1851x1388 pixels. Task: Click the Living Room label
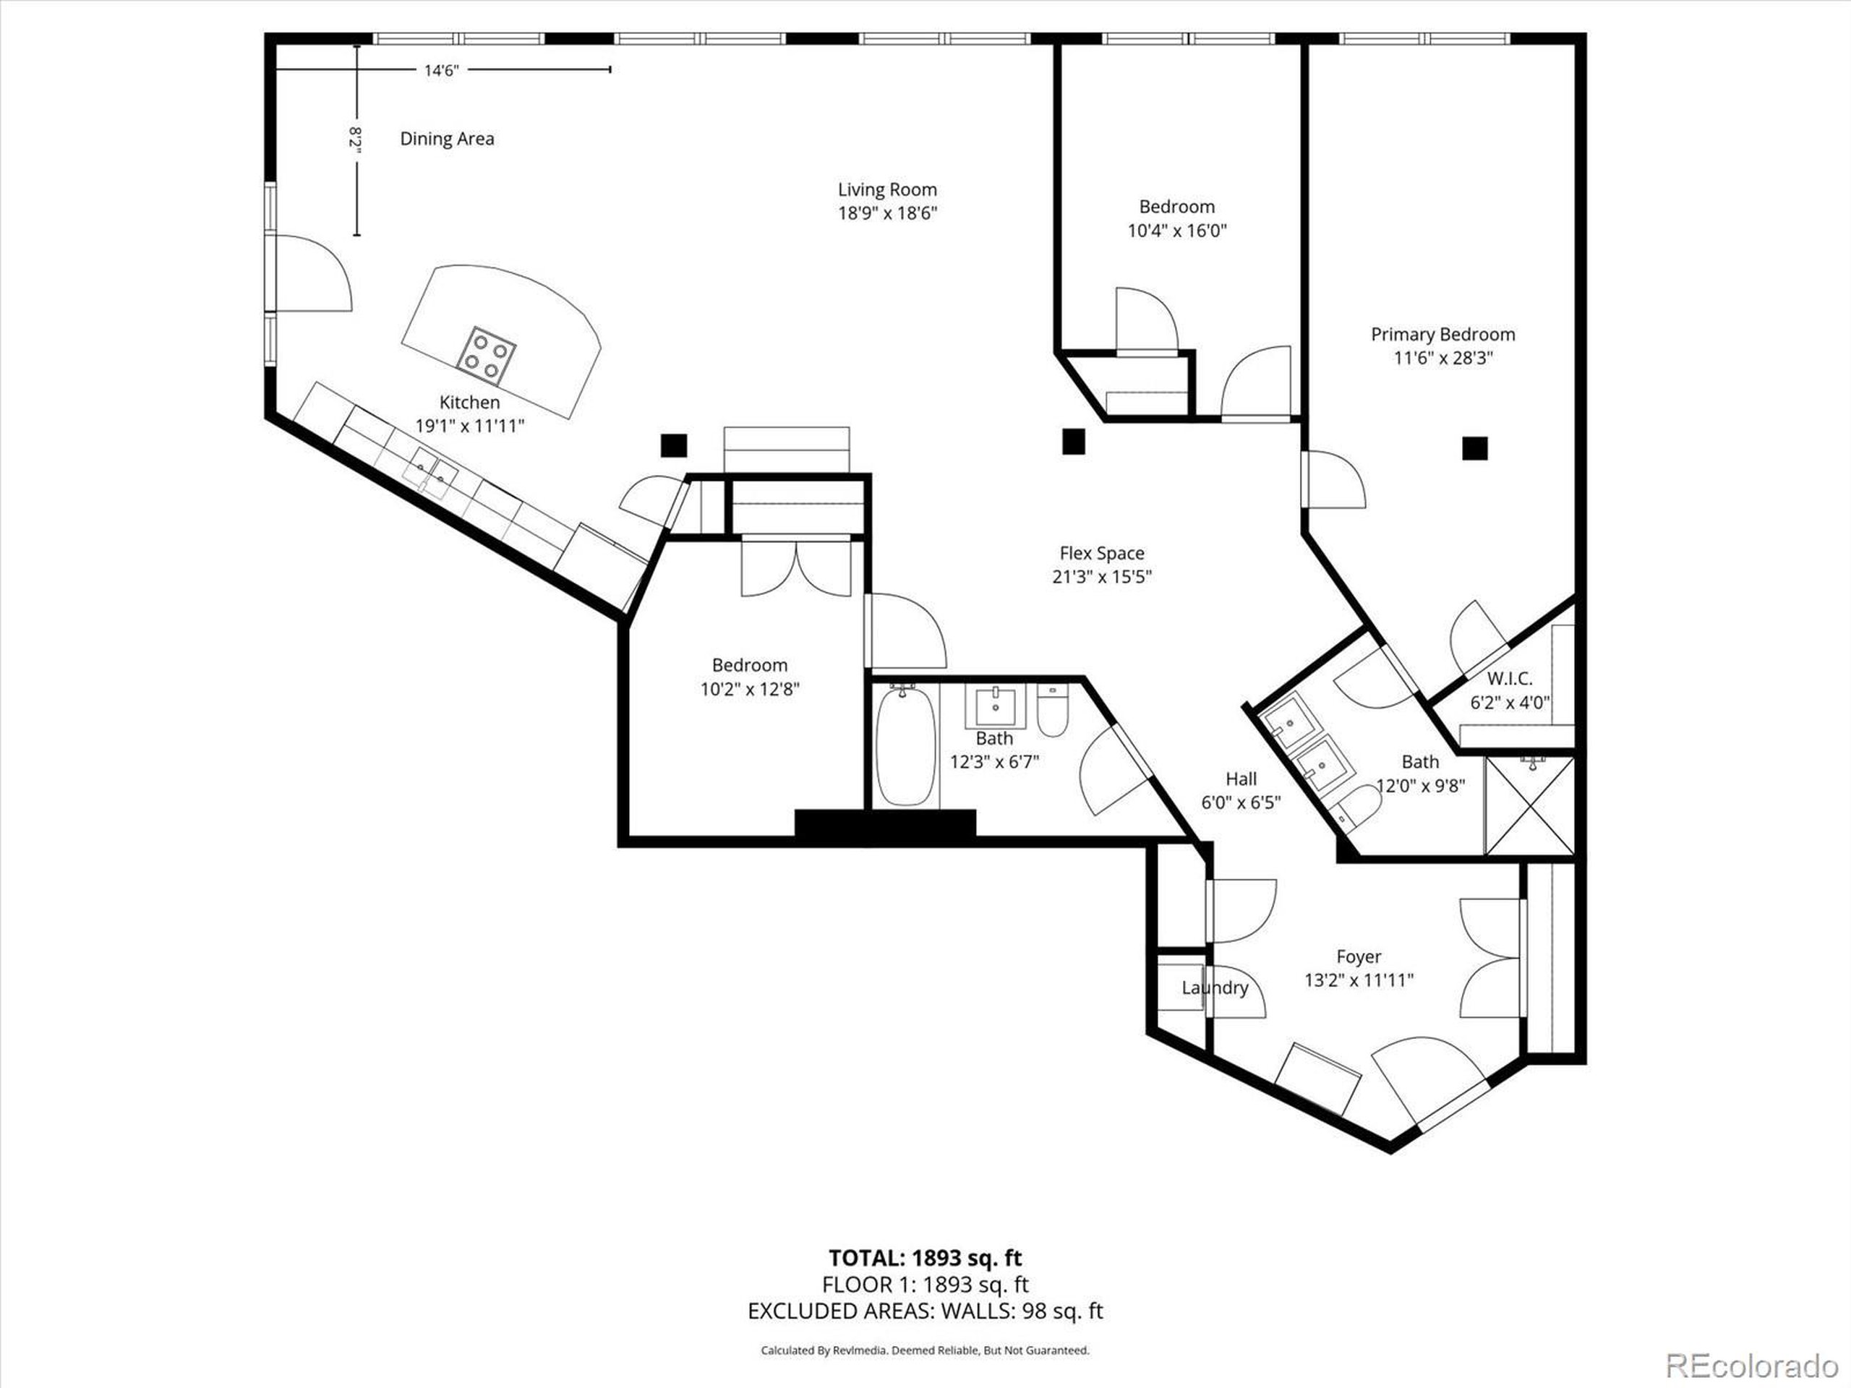pos(887,190)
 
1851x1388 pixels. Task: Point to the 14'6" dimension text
pos(441,71)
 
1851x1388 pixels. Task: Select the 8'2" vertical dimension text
pos(356,140)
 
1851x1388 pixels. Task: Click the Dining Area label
pos(447,139)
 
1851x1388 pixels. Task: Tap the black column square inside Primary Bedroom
pos(1474,448)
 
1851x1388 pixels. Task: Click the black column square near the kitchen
pos(672,445)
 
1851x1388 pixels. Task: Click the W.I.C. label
pos(1510,679)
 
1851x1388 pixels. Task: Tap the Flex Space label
pos(1101,553)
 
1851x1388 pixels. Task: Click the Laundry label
pos(1214,988)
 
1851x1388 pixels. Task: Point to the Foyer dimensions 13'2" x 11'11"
pos(1358,980)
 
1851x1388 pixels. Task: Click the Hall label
pos(1240,779)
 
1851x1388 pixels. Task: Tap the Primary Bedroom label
pos(1442,335)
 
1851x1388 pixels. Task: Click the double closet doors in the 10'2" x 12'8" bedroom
pos(796,569)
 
